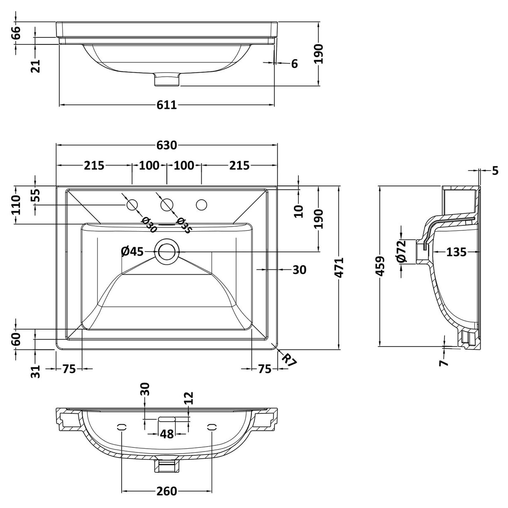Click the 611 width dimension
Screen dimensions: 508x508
tap(167, 105)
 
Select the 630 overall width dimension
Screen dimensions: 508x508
tap(167, 145)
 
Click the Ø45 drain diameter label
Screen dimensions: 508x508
tap(132, 251)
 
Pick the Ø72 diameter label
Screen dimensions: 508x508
tap(401, 252)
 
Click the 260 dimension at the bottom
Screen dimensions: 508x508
tap(167, 491)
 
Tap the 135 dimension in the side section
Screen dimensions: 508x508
tap(457, 252)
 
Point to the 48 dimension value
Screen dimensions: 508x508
tap(167, 434)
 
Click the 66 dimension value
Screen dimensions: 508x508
tap(15, 32)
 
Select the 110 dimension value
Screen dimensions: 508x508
tap(15, 205)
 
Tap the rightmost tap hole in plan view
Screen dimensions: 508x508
tap(202, 205)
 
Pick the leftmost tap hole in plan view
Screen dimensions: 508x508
tap(132, 205)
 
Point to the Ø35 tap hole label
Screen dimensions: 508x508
tap(184, 226)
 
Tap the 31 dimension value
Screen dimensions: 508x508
tap(36, 371)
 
